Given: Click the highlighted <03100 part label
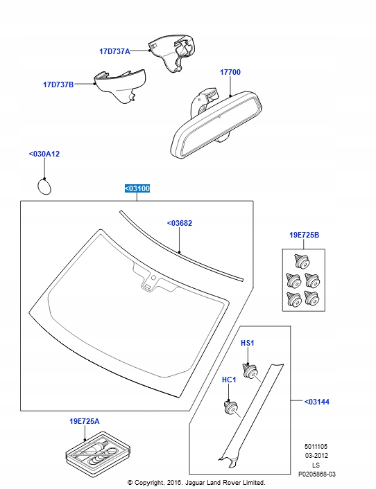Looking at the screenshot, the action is (137, 188).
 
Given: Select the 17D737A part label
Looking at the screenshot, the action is (114, 51).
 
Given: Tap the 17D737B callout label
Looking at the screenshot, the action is (58, 85).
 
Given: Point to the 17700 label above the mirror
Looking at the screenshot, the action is (230, 72).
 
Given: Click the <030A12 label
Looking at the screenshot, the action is (44, 154).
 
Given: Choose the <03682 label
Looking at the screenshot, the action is (180, 223).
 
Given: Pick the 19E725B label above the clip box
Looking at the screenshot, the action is (304, 235).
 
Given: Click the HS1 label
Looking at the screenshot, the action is (248, 343).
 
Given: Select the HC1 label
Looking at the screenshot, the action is (229, 380).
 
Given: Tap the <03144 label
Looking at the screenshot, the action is (316, 402).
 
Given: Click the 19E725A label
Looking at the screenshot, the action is (85, 421).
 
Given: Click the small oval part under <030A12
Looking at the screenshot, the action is (44, 186).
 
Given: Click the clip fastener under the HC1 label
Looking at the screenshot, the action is (231, 407).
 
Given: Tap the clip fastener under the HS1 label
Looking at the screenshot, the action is (250, 371).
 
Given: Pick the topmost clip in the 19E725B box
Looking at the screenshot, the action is (302, 261).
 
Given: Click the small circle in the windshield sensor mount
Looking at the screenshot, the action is (153, 278).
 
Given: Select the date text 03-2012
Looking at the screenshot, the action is (316, 455).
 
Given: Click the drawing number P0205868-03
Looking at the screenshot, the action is (316, 474).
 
